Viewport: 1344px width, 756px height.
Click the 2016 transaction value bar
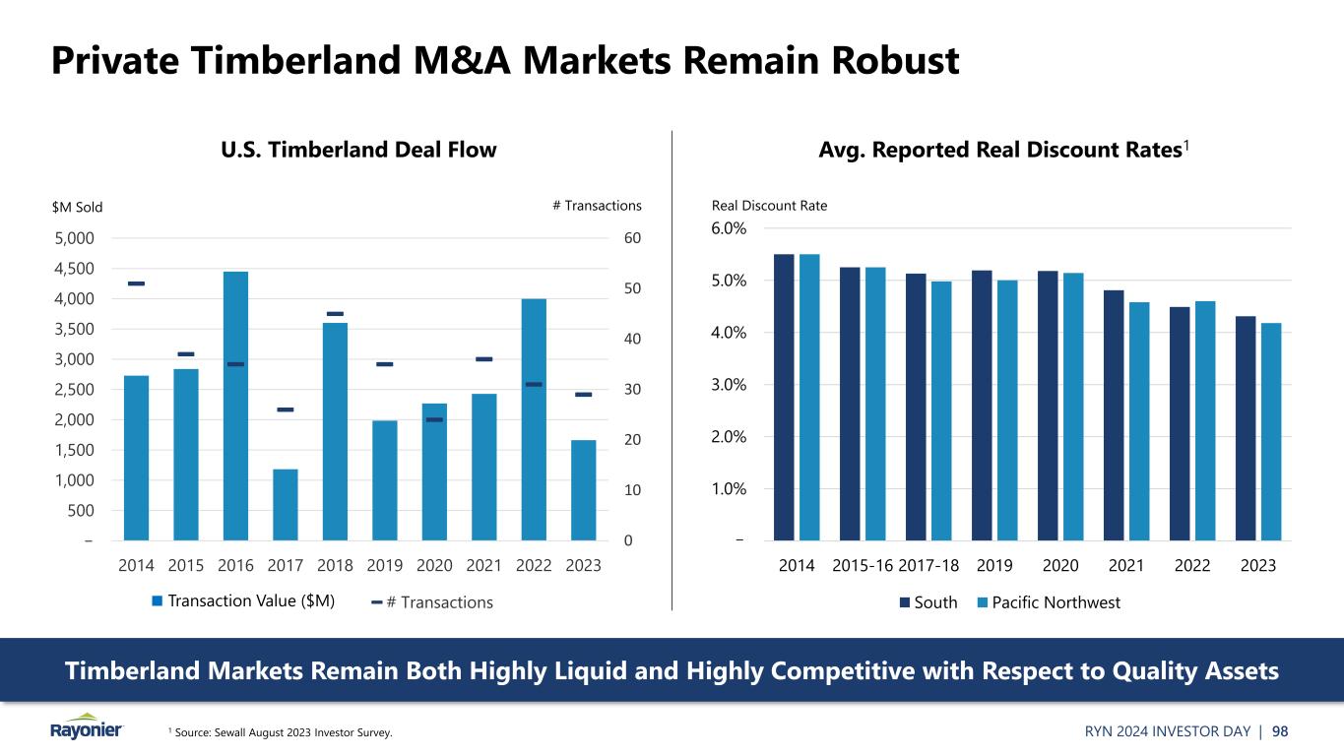235,406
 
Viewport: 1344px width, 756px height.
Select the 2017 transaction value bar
286,504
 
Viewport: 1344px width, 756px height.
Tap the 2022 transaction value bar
534,419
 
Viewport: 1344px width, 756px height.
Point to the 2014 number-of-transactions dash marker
136,283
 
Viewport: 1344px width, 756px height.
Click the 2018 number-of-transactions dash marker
335,314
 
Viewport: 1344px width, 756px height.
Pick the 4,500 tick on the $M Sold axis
75,268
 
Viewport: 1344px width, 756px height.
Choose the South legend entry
927,602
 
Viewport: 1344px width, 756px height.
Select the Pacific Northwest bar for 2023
1271,431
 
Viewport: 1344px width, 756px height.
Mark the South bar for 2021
1114,414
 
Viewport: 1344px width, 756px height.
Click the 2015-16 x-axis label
863,566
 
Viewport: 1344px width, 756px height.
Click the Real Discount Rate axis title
769,206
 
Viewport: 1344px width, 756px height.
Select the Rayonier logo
87,726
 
